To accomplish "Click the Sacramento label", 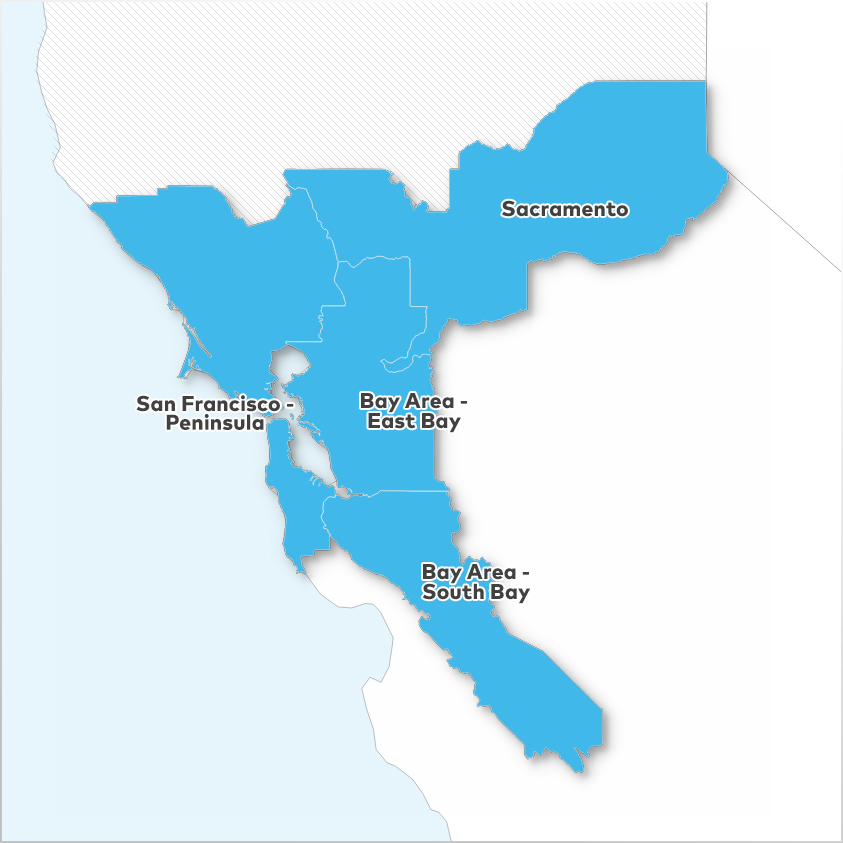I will (x=565, y=209).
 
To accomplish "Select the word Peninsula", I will (x=216, y=423).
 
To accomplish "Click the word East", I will (x=387, y=422).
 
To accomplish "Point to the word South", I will (x=452, y=592).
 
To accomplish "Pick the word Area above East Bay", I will (x=421, y=401).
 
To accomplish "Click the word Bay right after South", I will (x=509, y=592).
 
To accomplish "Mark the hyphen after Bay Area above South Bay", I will (x=524, y=573).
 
